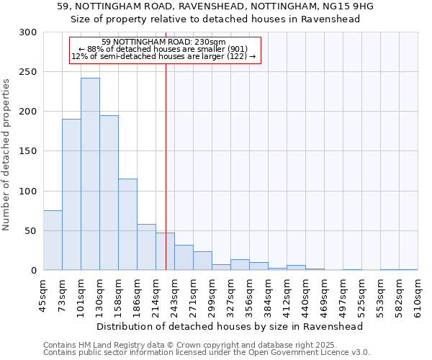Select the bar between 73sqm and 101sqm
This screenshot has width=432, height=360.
point(71,194)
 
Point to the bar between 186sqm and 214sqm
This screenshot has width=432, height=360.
point(146,247)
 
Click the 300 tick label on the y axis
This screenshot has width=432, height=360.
point(28,32)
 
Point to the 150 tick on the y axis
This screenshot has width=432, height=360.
point(28,151)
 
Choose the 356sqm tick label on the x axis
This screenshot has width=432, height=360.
point(249,295)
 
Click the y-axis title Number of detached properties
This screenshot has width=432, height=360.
point(7,154)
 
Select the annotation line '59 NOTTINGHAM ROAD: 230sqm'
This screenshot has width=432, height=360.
point(164,42)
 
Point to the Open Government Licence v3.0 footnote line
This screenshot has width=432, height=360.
point(207,353)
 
